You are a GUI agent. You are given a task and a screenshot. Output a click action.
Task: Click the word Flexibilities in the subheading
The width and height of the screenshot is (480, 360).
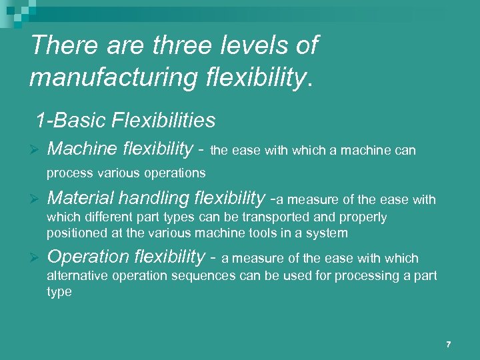165,121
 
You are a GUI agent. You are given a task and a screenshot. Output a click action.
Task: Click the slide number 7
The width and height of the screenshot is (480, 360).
449,345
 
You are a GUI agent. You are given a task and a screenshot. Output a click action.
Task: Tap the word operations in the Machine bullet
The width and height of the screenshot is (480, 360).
178,173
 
